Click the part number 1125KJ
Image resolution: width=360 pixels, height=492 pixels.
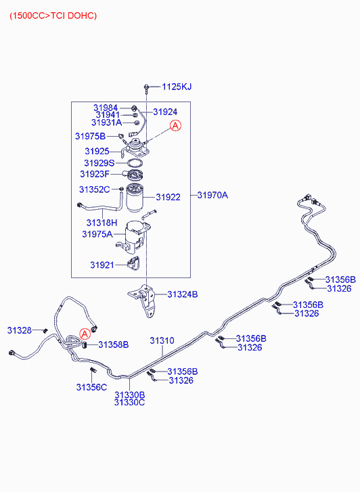tap(177, 87)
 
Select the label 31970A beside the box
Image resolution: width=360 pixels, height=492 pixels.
tap(212, 195)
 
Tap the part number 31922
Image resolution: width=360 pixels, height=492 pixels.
tap(168, 197)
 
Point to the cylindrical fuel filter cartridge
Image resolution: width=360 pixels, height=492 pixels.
tap(135, 198)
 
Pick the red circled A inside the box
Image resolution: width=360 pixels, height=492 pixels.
tap(175, 125)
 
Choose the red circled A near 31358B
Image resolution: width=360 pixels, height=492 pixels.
tap(85, 334)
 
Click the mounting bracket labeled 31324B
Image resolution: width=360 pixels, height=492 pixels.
tap(145, 300)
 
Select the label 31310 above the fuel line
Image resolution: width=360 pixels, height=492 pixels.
tap(162, 340)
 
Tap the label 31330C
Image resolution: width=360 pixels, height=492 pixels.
tap(129, 402)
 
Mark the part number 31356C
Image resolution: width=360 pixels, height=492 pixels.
tap(91, 387)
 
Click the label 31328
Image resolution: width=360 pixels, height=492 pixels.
tap(20, 330)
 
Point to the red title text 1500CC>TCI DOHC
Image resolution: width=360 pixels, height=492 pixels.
tap(53, 16)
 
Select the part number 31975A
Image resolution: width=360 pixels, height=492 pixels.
tap(97, 234)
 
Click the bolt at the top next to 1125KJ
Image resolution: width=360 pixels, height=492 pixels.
tap(146, 89)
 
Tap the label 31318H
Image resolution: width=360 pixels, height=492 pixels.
tap(102, 223)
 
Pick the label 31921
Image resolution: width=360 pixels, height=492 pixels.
tap(102, 265)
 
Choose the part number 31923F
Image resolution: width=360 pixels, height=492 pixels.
tap(95, 174)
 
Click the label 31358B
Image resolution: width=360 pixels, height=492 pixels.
tap(113, 344)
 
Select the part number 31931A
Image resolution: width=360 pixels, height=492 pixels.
tap(106, 122)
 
